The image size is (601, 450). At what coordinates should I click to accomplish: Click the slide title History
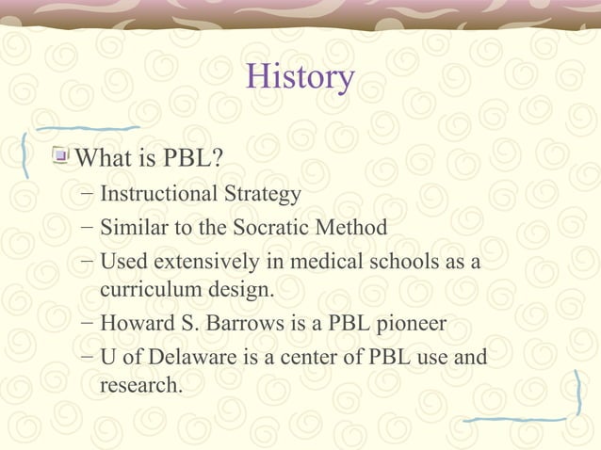(x=300, y=77)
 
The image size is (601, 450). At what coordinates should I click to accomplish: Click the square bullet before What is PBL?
(x=62, y=153)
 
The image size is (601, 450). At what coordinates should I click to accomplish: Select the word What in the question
(x=102, y=153)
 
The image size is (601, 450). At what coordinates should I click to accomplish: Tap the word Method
(x=354, y=228)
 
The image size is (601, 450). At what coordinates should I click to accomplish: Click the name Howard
(x=135, y=325)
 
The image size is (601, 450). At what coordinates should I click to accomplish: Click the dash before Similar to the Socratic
(x=87, y=228)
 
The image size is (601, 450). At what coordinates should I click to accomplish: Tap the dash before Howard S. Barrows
(x=87, y=325)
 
